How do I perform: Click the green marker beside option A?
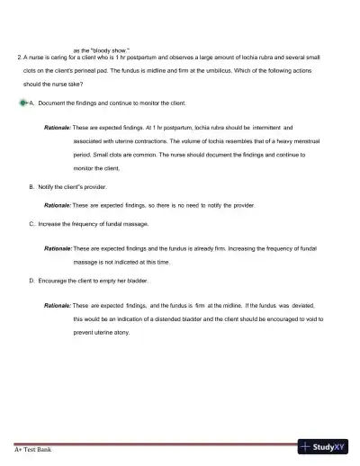tap(22, 103)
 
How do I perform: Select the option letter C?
tap(31, 223)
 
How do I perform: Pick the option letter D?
tap(31, 280)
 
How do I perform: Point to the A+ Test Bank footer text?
tap(32, 448)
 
